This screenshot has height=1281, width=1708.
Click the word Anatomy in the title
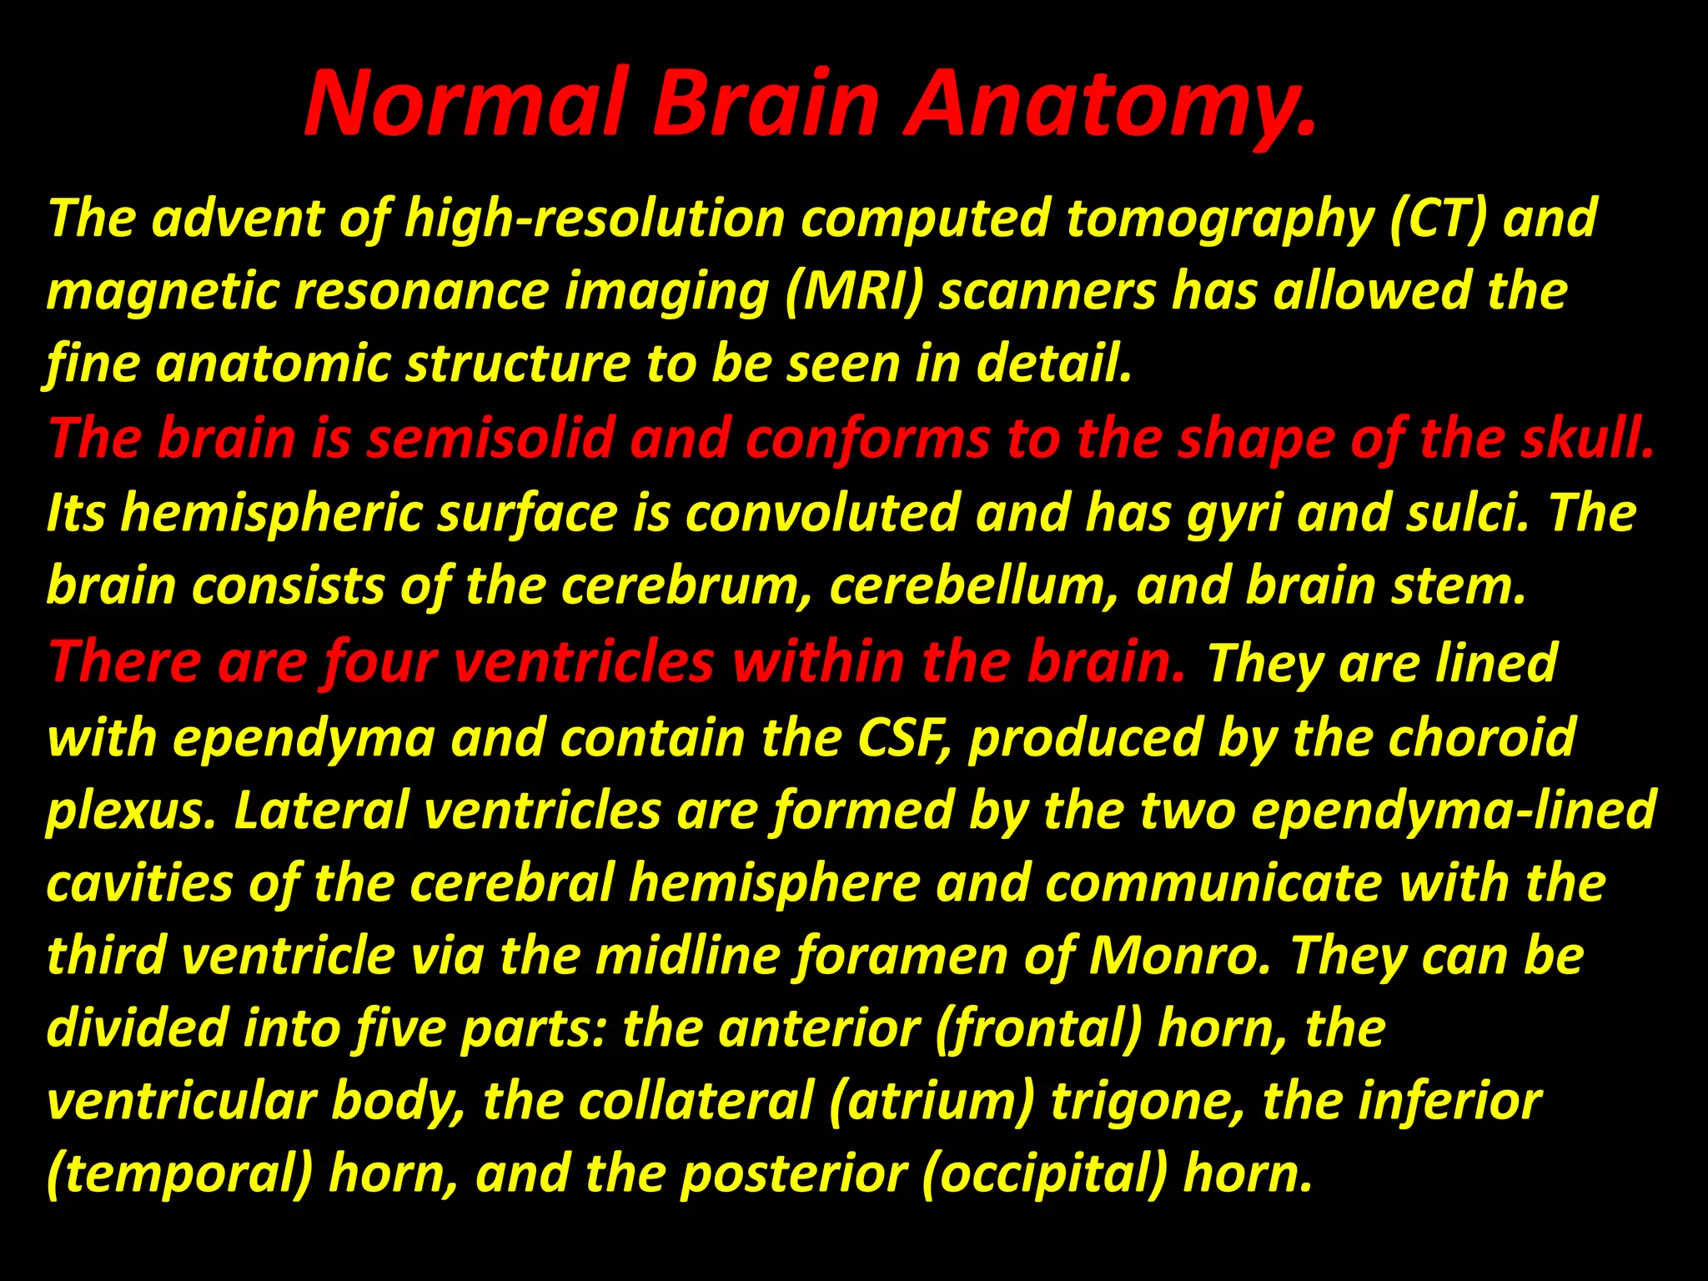1109,107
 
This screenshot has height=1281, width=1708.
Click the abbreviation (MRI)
855,292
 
